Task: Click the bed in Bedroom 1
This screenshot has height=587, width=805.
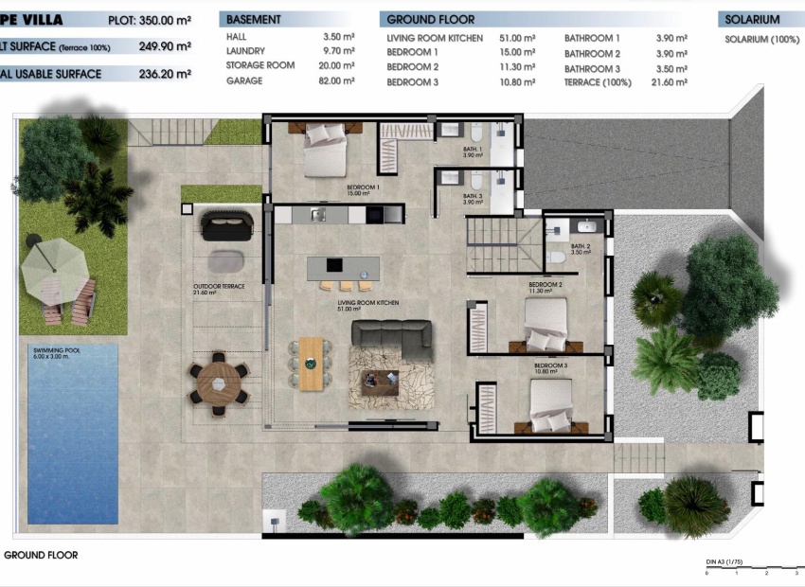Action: [325, 151]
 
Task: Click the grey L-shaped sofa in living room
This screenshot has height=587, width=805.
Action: [391, 338]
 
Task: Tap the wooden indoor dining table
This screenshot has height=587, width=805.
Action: [311, 363]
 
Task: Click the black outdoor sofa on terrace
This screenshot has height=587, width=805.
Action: [226, 226]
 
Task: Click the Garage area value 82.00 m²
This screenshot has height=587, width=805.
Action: [337, 82]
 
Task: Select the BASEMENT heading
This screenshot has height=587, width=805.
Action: [254, 19]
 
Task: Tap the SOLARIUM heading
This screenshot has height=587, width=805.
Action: [752, 19]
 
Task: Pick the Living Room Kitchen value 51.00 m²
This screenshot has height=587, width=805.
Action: [516, 39]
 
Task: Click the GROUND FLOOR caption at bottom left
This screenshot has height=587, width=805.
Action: [41, 556]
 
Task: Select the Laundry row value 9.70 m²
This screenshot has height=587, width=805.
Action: [339, 51]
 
